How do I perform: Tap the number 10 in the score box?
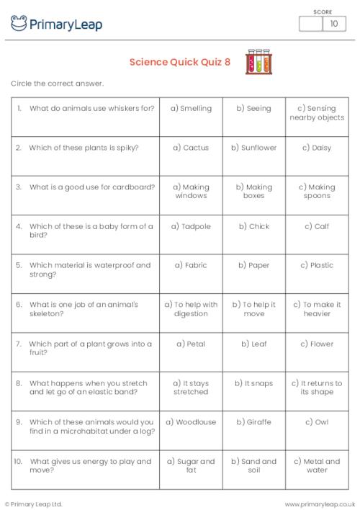(x=333, y=24)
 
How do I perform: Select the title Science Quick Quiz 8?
(x=180, y=62)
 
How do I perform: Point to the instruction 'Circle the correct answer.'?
(x=58, y=84)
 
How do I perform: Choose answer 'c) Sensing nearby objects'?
(x=317, y=113)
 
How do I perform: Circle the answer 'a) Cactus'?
(x=191, y=148)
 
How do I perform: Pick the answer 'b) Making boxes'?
(x=254, y=191)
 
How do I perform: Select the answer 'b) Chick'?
(x=254, y=226)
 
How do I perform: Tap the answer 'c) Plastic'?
(x=317, y=265)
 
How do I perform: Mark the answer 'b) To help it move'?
(x=254, y=309)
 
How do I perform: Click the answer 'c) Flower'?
(x=317, y=344)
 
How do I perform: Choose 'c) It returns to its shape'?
(x=317, y=388)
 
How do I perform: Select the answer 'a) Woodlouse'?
(x=191, y=422)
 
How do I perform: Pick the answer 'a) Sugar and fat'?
(x=191, y=465)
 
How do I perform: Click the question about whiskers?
(x=91, y=109)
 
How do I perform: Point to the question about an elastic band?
(x=91, y=388)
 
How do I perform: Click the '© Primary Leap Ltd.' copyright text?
(x=33, y=504)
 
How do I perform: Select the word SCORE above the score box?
(x=322, y=11)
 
